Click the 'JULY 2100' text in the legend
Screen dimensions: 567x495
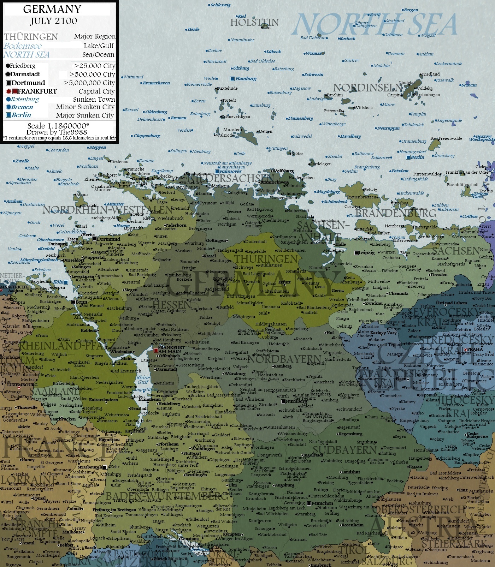(54, 21)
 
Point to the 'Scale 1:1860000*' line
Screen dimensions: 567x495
(58, 126)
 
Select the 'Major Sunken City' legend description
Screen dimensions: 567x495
(85, 115)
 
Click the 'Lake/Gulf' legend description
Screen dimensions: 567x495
(99, 46)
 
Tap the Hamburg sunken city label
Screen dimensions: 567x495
(246, 79)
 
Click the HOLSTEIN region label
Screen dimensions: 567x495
(254, 23)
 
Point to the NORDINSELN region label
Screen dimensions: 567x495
(367, 88)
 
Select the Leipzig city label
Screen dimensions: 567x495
(366, 253)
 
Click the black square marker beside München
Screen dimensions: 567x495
(309, 503)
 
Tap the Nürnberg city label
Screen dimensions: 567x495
(296, 401)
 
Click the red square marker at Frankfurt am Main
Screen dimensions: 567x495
(156, 350)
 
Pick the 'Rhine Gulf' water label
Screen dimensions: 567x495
(143, 380)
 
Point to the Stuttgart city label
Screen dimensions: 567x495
(193, 454)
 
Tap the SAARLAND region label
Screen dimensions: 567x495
(55, 391)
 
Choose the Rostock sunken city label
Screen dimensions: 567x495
(347, 38)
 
